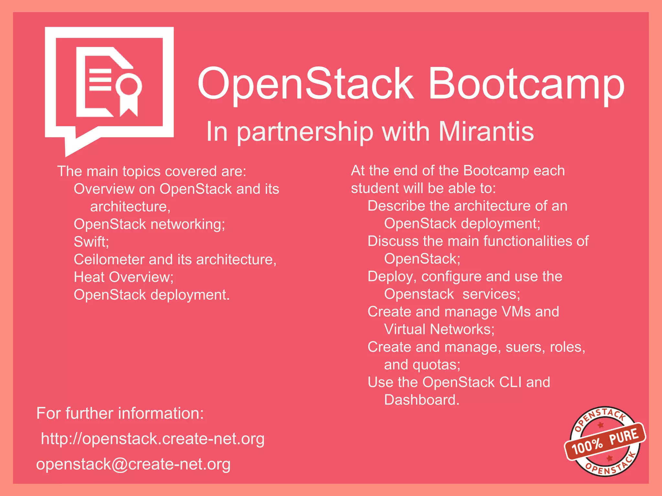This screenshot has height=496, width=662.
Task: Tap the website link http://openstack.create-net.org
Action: tap(153, 439)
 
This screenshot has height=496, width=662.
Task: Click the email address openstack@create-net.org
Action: tap(133, 464)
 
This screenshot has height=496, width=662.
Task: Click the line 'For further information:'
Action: tap(120, 413)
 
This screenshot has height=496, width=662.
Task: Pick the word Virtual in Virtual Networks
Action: tap(405, 329)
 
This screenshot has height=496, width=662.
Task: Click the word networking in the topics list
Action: tap(186, 224)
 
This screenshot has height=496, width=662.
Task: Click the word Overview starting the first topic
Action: tap(104, 189)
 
